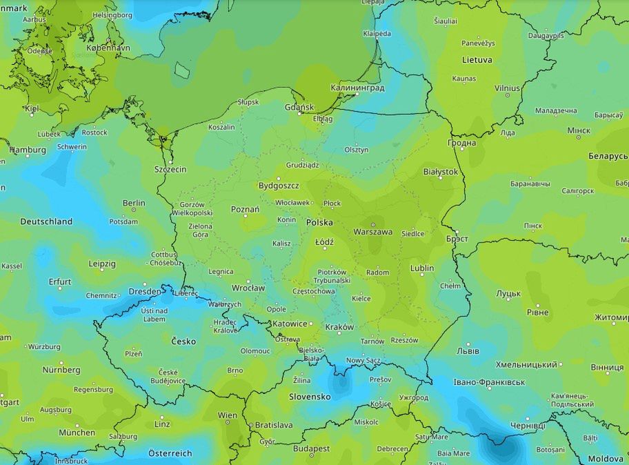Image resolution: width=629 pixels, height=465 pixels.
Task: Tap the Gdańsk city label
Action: (299, 107)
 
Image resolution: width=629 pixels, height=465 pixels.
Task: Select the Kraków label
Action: (339, 327)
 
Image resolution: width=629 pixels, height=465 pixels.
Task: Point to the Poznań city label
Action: (245, 209)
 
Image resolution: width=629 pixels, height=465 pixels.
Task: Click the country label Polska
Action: (319, 223)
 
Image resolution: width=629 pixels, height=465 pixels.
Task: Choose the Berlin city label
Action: (134, 203)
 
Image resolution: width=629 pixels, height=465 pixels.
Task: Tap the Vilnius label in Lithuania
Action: (507, 88)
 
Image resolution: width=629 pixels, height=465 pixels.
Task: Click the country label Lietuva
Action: (477, 60)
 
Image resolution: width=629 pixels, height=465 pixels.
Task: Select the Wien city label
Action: (227, 415)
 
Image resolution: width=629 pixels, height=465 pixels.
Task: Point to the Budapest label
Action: (310, 448)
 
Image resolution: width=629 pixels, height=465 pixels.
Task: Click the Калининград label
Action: (357, 88)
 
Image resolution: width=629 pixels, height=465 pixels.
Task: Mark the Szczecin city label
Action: (170, 169)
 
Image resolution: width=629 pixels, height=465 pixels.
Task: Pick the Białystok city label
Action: (441, 172)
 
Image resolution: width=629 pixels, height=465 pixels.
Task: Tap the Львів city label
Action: (468, 350)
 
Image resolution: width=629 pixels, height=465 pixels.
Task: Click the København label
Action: (109, 48)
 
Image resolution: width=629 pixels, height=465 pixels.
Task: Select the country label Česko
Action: (183, 341)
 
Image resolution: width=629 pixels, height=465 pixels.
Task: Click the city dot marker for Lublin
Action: (422, 275)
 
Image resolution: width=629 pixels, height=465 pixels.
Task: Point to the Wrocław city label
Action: (248, 288)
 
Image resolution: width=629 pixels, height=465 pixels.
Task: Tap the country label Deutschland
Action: (46, 221)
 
